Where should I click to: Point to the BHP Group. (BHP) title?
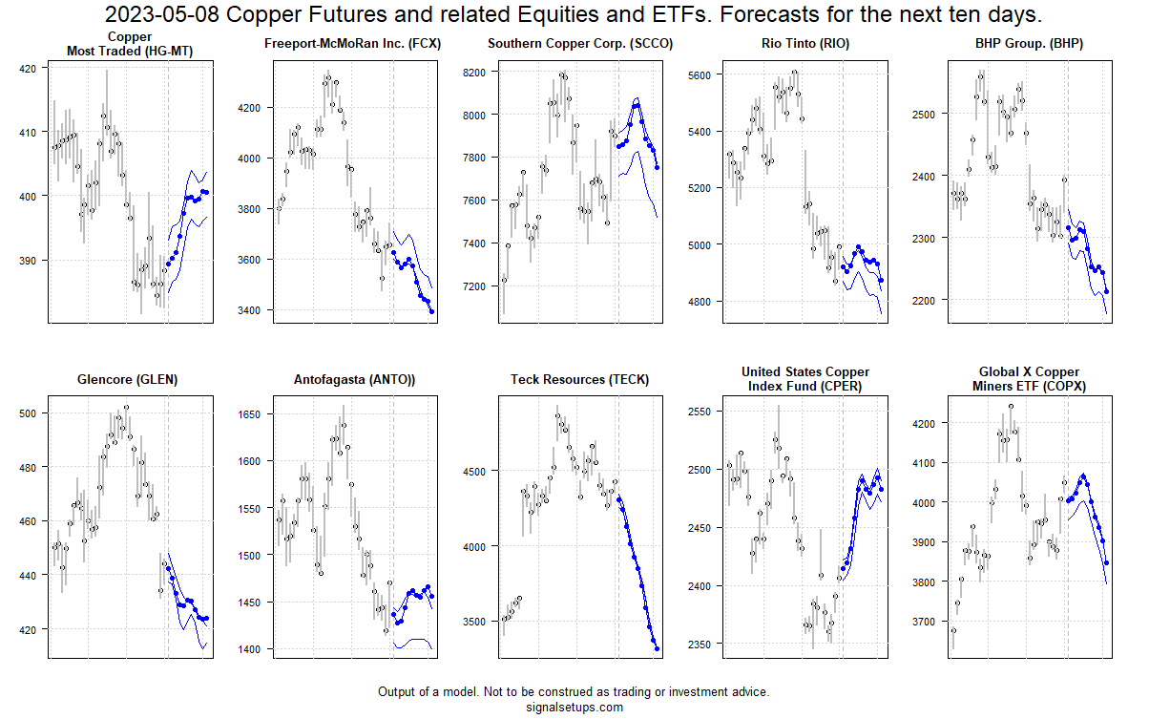pyautogui.click(x=1029, y=44)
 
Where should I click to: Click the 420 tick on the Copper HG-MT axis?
pyautogui.click(x=28, y=69)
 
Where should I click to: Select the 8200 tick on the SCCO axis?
pyautogui.click(x=475, y=73)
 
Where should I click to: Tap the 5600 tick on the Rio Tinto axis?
pyautogui.click(x=700, y=74)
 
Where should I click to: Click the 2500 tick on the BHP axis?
pyautogui.click(x=927, y=114)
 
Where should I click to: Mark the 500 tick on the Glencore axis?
pyautogui.click(x=28, y=413)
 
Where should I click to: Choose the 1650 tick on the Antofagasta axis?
pyautogui.click(x=250, y=414)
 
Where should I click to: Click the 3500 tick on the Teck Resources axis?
pyautogui.click(x=475, y=621)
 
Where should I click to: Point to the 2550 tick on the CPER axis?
pyautogui.click(x=700, y=412)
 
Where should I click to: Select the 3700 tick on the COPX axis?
pyautogui.click(x=927, y=622)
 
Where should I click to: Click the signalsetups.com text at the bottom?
pyautogui.click(x=574, y=708)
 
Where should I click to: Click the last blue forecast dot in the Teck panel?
pyautogui.click(x=657, y=648)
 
